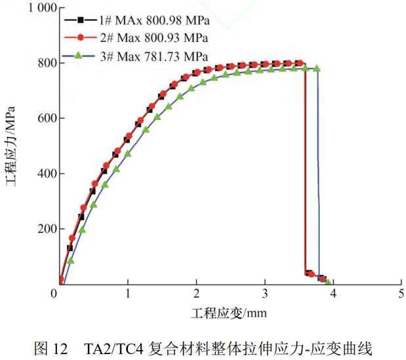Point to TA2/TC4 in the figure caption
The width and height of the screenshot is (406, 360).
pos(113,348)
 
